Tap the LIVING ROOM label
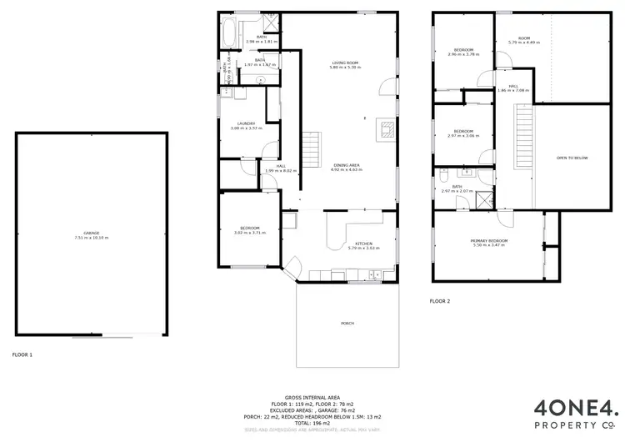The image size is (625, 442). point(345,63)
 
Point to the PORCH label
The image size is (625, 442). point(347,323)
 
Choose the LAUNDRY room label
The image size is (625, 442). point(246,123)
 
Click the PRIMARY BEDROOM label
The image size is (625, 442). point(489,240)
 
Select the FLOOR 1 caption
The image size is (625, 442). point(22,354)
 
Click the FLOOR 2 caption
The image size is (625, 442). point(440,300)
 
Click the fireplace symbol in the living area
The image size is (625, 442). point(386,128)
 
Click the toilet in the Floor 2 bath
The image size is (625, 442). point(445,174)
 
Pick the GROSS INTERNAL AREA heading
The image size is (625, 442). point(312,398)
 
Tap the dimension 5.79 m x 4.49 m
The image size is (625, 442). point(524,43)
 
